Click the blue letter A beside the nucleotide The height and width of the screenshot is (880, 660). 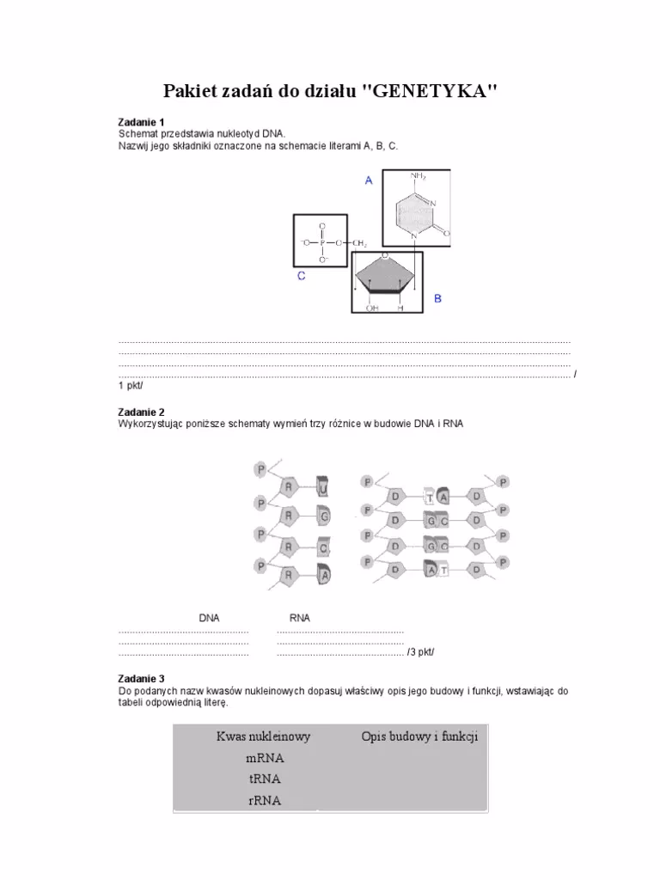point(368,180)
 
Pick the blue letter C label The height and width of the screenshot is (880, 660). point(301,276)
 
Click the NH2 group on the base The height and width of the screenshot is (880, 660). point(419,176)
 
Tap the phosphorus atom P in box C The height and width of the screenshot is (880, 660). point(321,243)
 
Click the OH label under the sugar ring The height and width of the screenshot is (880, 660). point(373,307)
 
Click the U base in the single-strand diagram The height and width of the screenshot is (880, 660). point(323,490)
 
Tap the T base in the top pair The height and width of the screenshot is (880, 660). point(430,498)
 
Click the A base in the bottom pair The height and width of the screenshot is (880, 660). point(431,568)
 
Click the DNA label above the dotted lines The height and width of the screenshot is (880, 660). point(210,618)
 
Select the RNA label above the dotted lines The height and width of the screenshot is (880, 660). point(300,618)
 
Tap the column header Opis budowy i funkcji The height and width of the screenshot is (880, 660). point(419,736)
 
